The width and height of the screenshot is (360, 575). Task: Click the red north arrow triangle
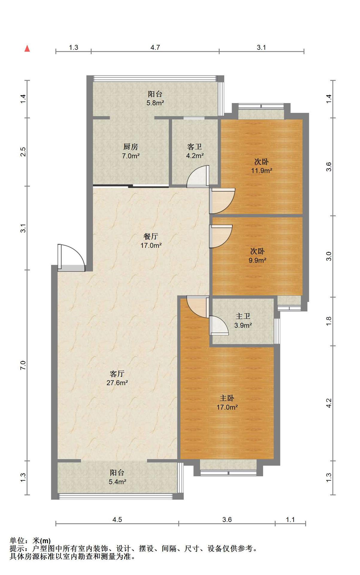click(27, 49)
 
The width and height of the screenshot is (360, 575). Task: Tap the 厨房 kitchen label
click(131, 147)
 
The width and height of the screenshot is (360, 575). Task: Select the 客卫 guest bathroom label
click(195, 147)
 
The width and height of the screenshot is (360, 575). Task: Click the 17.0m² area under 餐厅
click(151, 246)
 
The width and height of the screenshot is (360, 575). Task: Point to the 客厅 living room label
click(117, 374)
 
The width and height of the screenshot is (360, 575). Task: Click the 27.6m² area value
click(117, 383)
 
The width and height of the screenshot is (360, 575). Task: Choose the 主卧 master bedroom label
click(227, 398)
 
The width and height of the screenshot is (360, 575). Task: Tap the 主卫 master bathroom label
click(243, 316)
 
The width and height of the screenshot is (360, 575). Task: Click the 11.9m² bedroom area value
click(262, 171)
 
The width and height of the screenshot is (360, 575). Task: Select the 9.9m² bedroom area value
click(257, 260)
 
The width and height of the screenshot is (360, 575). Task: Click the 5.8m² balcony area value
click(155, 103)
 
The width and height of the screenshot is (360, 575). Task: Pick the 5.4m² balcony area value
click(117, 482)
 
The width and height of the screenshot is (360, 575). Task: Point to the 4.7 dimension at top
click(155, 47)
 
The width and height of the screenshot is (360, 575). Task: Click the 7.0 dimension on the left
click(23, 365)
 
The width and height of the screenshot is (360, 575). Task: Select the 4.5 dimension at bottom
click(117, 520)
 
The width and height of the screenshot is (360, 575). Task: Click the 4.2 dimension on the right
click(329, 403)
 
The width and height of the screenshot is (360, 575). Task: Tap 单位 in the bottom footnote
click(17, 541)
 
